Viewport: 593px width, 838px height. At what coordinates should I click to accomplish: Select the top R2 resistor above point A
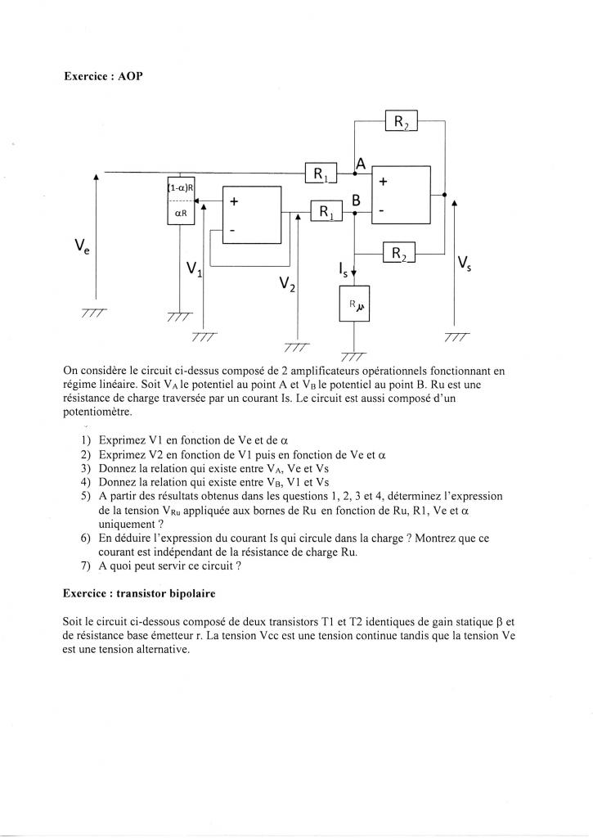click(x=402, y=122)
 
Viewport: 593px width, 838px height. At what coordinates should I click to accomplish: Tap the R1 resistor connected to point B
click(x=326, y=212)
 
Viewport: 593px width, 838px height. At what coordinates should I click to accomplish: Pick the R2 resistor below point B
click(x=399, y=255)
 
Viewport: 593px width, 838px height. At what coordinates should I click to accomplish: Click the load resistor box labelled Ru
click(x=354, y=304)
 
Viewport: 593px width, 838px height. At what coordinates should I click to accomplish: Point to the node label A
click(x=360, y=163)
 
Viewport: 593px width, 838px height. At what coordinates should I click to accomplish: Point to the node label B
click(x=357, y=200)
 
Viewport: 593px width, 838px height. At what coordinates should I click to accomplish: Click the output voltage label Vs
click(x=464, y=263)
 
